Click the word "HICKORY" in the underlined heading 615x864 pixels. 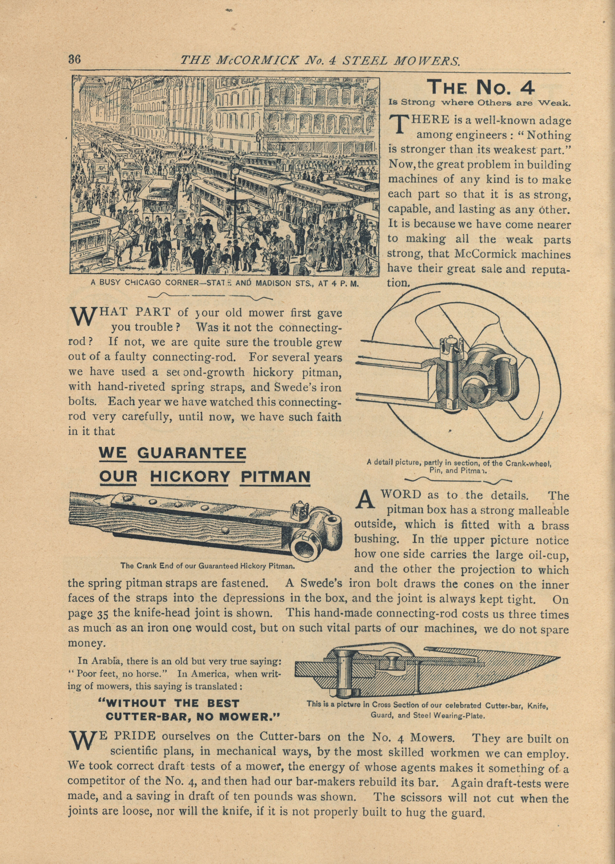click(190, 477)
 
